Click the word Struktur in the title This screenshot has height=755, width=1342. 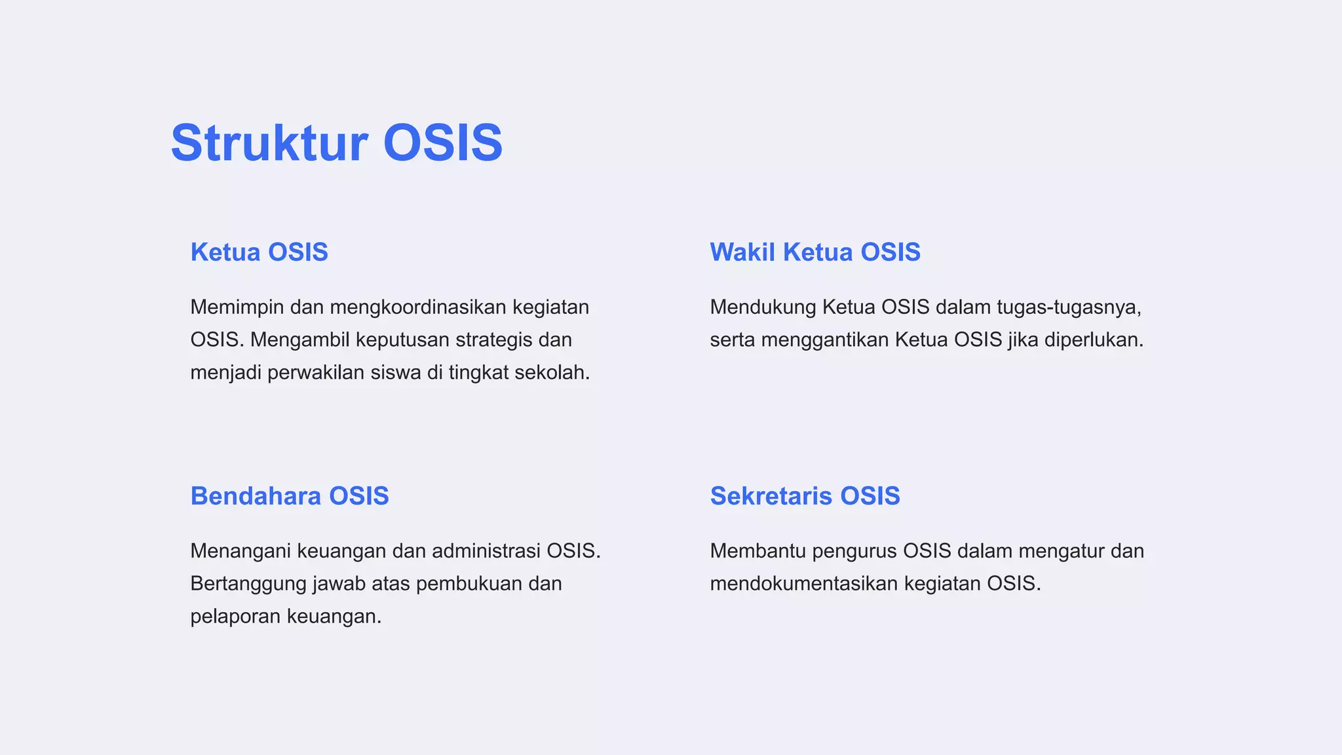coord(269,143)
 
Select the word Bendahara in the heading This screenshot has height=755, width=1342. coord(256,496)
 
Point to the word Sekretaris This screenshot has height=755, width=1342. coord(771,496)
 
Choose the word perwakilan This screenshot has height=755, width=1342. coord(316,372)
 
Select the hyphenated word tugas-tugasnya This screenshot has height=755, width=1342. coord(1069,307)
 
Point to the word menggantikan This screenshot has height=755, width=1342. coord(825,339)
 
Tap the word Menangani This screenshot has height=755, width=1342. coord(240,551)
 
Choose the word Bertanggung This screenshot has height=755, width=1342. coord(248,583)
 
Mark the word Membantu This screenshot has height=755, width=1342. coord(757,551)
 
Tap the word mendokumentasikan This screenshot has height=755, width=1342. coord(804,583)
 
